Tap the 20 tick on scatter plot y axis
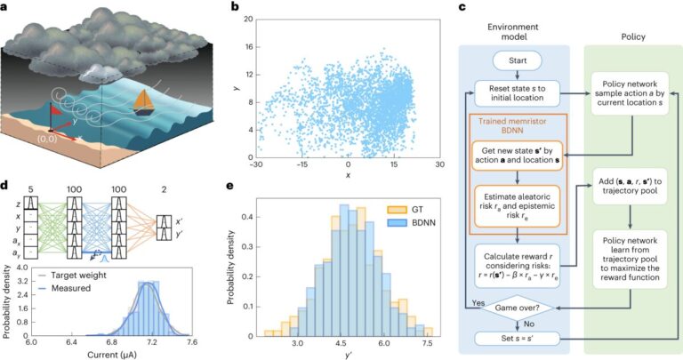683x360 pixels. [x=252, y=19]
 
